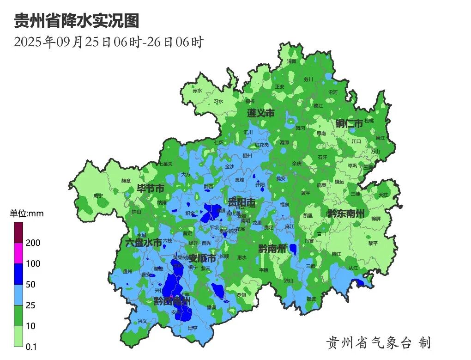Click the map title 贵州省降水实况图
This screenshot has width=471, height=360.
(x=76, y=21)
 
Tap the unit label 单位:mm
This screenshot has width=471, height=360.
(x=27, y=213)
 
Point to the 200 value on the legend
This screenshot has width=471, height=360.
(x=33, y=243)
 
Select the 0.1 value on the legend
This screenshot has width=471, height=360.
(x=31, y=347)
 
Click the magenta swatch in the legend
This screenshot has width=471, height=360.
(x=18, y=253)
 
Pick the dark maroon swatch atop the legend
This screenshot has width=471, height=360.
(x=18, y=232)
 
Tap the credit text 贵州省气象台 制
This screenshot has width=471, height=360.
(x=378, y=342)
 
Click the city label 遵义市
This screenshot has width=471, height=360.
(x=260, y=113)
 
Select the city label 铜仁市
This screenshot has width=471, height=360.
(x=349, y=123)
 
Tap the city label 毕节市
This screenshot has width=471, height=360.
(x=150, y=189)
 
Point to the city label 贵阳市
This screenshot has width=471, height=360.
(x=242, y=202)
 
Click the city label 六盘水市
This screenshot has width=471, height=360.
(x=144, y=242)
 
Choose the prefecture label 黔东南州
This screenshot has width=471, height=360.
(x=346, y=214)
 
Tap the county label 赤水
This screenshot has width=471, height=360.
(x=198, y=91)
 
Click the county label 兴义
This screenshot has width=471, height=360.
(x=142, y=321)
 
